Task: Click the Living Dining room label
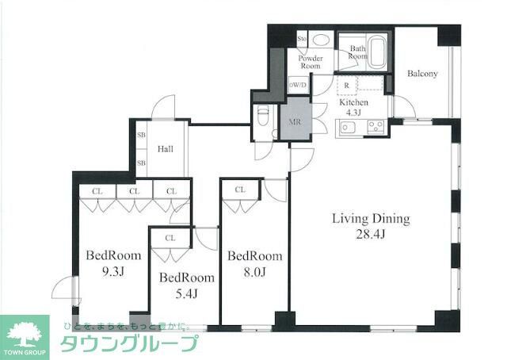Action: coord(370,218)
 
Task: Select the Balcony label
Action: coord(422,74)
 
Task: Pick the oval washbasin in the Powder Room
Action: coord(322,40)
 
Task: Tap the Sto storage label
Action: coord(302,39)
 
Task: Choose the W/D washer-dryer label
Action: coord(299,85)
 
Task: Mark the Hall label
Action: coord(165,148)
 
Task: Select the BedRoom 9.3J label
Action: coord(113,262)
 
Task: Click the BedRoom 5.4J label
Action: coord(186,285)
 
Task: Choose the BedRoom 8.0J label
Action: coord(255,262)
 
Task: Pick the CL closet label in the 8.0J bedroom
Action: coord(239,190)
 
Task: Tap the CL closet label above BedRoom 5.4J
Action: coord(170,237)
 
